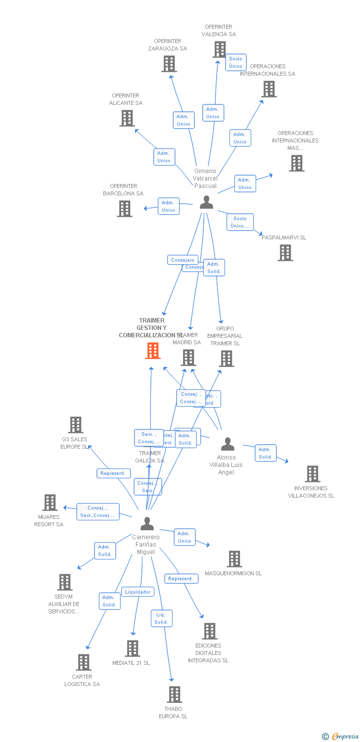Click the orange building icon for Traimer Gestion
(x=153, y=350)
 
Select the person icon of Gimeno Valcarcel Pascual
(x=206, y=202)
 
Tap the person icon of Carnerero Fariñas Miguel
(x=147, y=523)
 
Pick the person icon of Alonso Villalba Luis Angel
(x=227, y=444)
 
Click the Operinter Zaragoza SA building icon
(x=169, y=64)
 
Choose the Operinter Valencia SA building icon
(x=220, y=49)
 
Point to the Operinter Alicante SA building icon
(x=127, y=118)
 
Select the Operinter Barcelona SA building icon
(x=125, y=209)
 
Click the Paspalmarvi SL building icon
(x=285, y=253)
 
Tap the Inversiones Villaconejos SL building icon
(x=313, y=474)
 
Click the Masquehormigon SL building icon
(x=234, y=559)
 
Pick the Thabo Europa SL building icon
(x=175, y=695)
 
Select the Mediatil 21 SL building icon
(x=133, y=649)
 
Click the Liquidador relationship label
(x=137, y=592)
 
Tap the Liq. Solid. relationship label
(x=161, y=618)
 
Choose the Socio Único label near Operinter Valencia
(x=236, y=62)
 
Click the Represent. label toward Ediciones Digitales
(x=181, y=578)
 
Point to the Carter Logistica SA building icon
(x=84, y=662)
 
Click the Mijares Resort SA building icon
(x=50, y=503)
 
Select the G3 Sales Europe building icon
(x=76, y=425)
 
